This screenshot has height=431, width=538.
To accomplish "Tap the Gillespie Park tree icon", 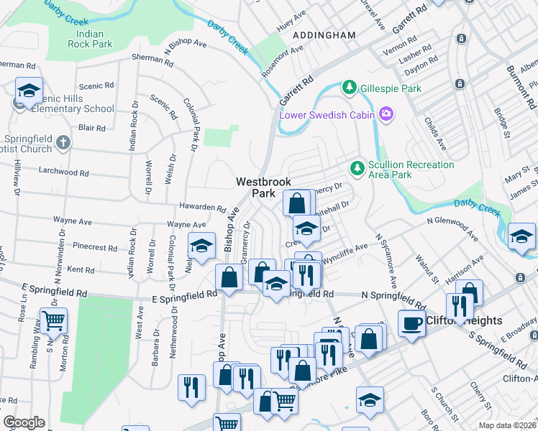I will (x=350, y=88).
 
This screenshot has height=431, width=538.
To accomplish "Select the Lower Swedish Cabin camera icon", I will (x=387, y=114).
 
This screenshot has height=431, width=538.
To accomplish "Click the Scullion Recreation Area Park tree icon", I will (x=355, y=168).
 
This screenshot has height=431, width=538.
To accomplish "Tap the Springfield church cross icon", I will (x=63, y=142).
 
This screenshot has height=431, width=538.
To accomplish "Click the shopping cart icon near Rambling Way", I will (x=54, y=320).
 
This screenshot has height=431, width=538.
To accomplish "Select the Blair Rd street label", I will (x=92, y=128).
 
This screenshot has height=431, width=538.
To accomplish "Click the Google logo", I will (x=24, y=422).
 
